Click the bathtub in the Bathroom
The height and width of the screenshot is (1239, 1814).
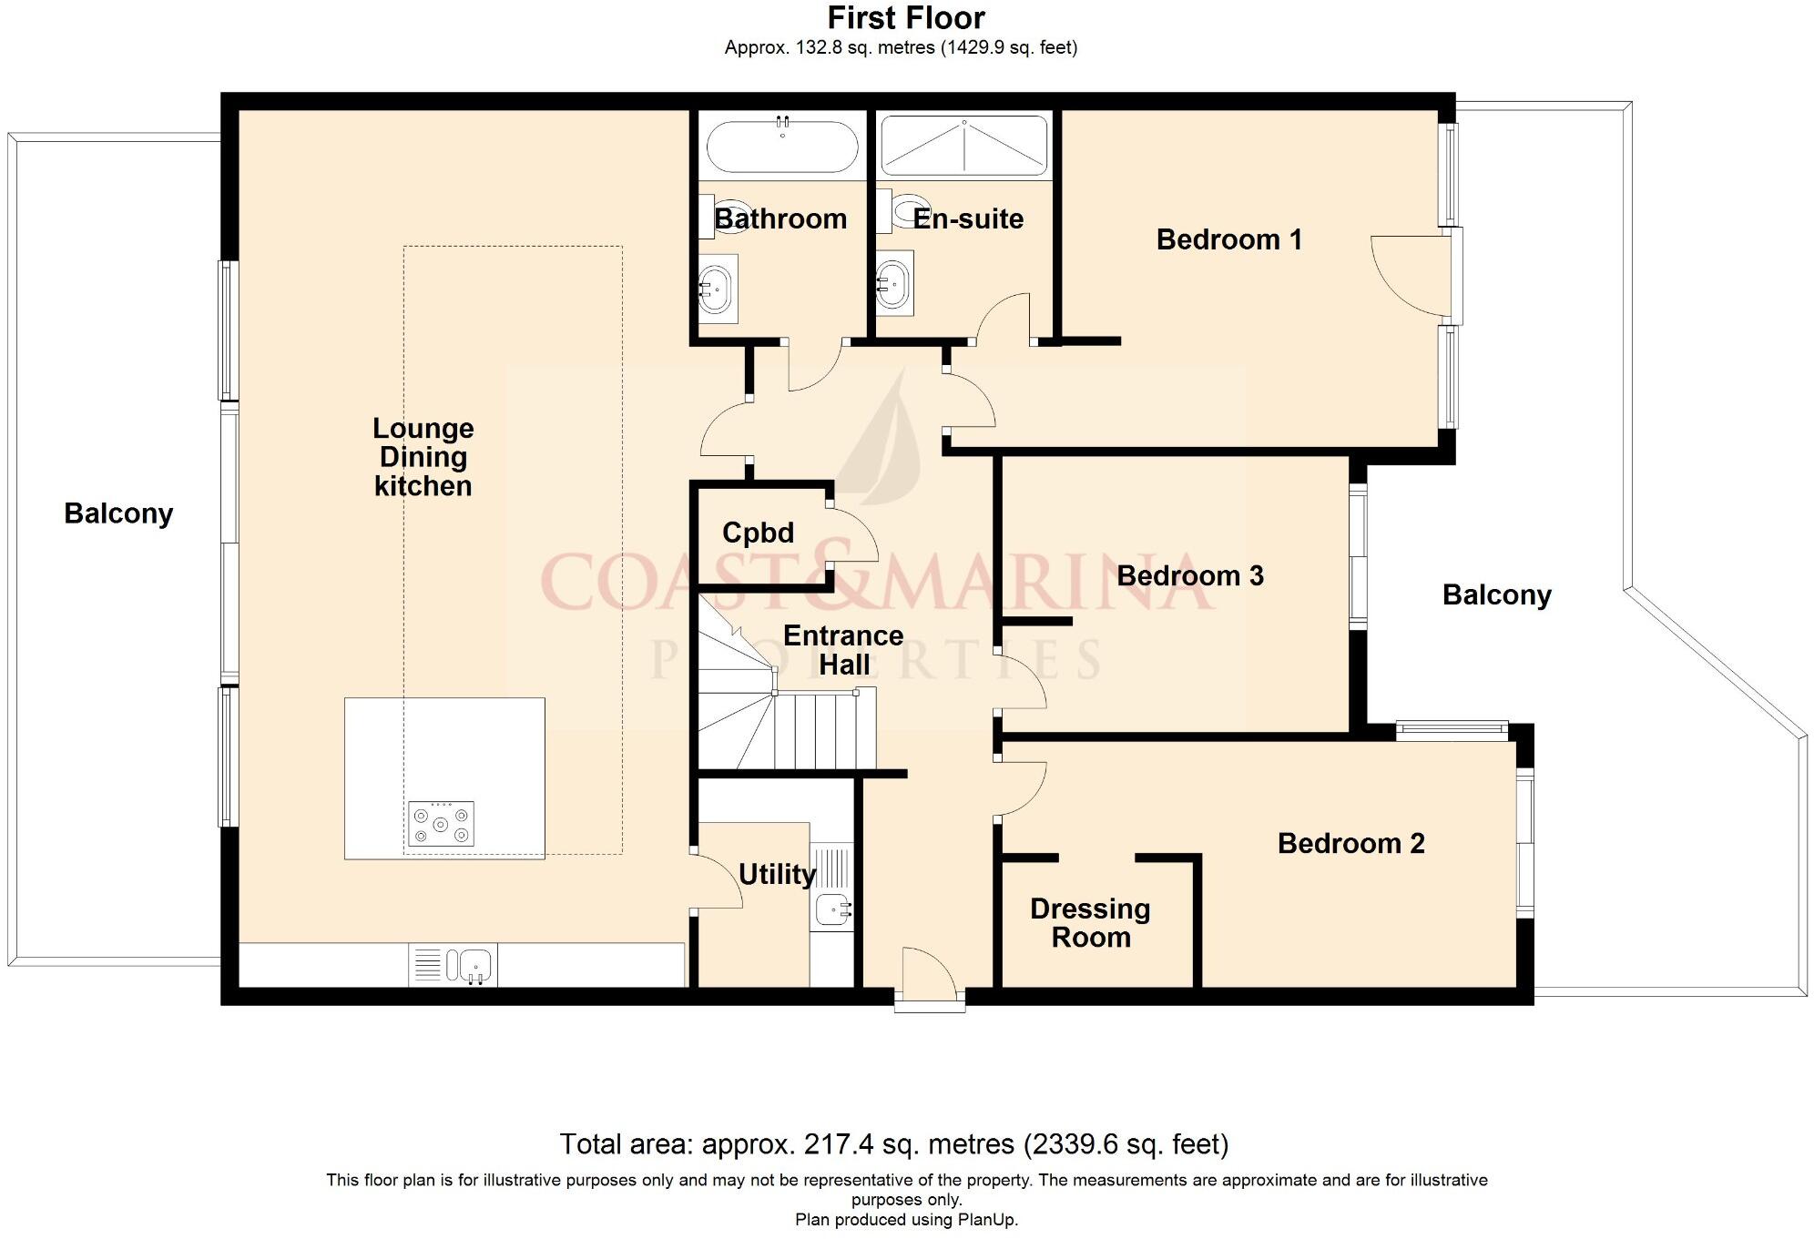[782, 146]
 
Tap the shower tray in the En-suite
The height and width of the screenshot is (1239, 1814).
[963, 146]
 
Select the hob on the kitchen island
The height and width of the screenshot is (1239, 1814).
[441, 824]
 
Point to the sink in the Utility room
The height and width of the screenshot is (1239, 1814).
[832, 909]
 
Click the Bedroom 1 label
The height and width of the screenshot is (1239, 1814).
[1228, 239]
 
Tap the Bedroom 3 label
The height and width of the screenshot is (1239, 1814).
[1190, 575]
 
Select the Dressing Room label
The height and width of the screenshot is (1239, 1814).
[1090, 922]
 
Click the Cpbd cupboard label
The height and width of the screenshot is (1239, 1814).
[758, 533]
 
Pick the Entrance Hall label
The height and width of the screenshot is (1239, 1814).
[844, 650]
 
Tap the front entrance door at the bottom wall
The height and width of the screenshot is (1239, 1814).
[929, 979]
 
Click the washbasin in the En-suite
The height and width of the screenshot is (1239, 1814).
[893, 284]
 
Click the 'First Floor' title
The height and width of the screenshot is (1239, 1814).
[906, 18]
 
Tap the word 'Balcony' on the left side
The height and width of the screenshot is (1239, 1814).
[118, 513]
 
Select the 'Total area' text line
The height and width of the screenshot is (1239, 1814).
[894, 1143]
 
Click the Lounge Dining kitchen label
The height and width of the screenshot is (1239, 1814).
[423, 457]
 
